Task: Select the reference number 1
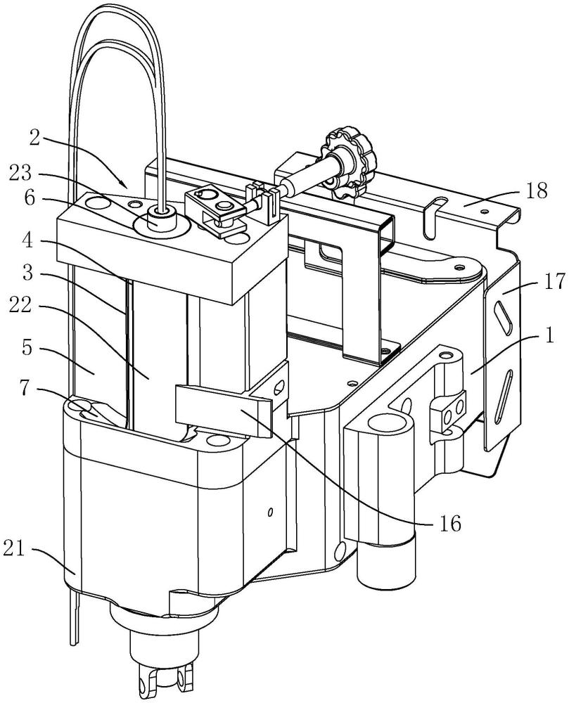[550, 335]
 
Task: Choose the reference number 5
[27, 349]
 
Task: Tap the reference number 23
[20, 173]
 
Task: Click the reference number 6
[30, 198]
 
